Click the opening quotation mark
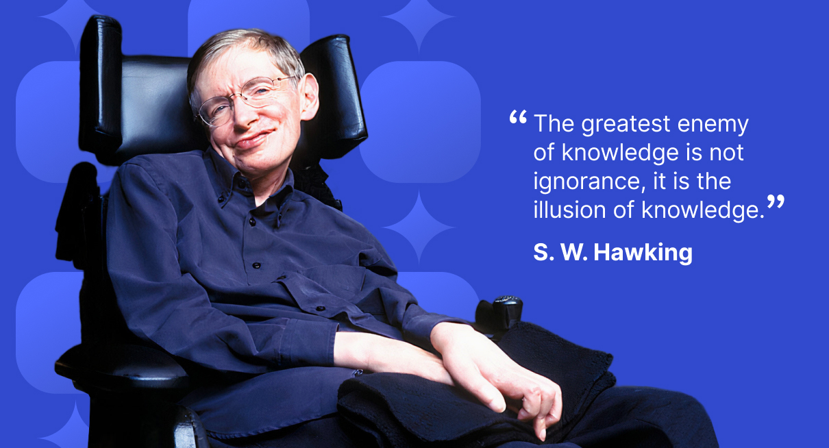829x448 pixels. (518, 117)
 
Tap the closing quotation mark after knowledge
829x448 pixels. (776, 201)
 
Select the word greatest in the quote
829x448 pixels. (626, 124)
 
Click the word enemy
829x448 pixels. (713, 125)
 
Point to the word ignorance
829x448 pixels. (586, 182)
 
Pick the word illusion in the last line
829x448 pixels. (569, 210)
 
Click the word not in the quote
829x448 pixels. (726, 153)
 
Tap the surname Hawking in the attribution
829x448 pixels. (643, 253)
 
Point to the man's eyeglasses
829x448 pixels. (245, 100)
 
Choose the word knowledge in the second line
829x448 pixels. (621, 153)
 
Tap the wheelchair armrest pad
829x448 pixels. (122, 364)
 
